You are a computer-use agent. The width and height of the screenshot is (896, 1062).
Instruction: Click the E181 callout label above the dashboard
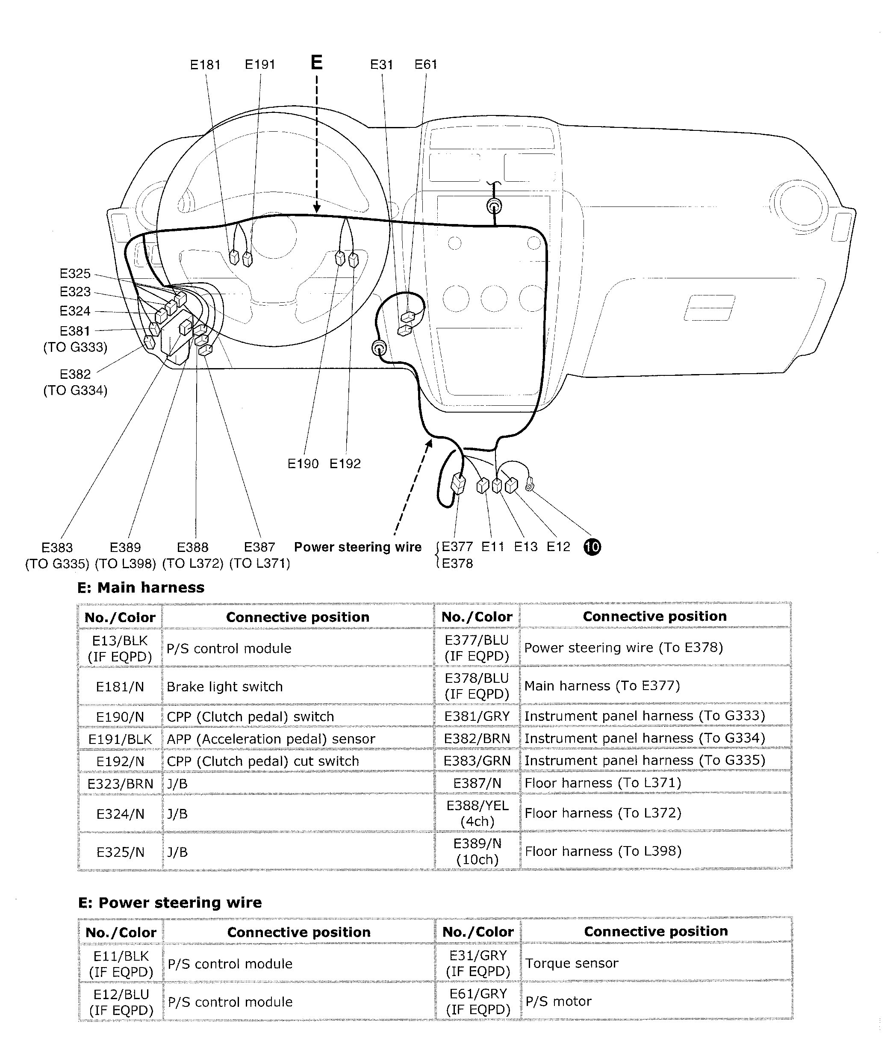point(205,65)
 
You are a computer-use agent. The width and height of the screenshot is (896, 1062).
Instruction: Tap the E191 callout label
point(260,65)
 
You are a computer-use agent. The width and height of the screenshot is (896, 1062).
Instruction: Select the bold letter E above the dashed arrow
point(316,62)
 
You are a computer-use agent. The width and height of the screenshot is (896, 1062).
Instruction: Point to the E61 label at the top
point(426,65)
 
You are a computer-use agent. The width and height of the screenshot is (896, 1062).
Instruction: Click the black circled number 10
point(592,547)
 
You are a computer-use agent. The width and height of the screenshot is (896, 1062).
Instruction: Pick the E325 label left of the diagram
point(75,274)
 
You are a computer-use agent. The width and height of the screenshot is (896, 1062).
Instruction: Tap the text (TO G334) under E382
point(75,391)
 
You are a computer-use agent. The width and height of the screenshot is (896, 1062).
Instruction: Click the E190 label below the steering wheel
point(303,464)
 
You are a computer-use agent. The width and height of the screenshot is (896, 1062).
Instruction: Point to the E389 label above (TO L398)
point(125,548)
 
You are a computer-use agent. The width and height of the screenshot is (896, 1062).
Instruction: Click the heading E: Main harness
point(141,587)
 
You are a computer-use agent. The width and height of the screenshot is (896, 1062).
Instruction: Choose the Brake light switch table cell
point(224,687)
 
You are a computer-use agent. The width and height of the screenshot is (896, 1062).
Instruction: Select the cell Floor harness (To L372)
point(602,813)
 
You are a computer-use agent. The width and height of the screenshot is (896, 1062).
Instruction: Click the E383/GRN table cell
point(477,760)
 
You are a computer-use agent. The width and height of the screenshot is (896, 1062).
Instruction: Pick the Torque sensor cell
point(572,964)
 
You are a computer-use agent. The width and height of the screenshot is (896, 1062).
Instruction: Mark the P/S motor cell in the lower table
point(558,1002)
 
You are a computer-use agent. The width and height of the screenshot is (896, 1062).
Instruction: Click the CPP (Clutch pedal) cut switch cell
point(262,761)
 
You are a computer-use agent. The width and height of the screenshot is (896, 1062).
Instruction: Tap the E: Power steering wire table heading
point(170,903)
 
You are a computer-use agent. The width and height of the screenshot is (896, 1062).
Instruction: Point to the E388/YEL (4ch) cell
point(477,813)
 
